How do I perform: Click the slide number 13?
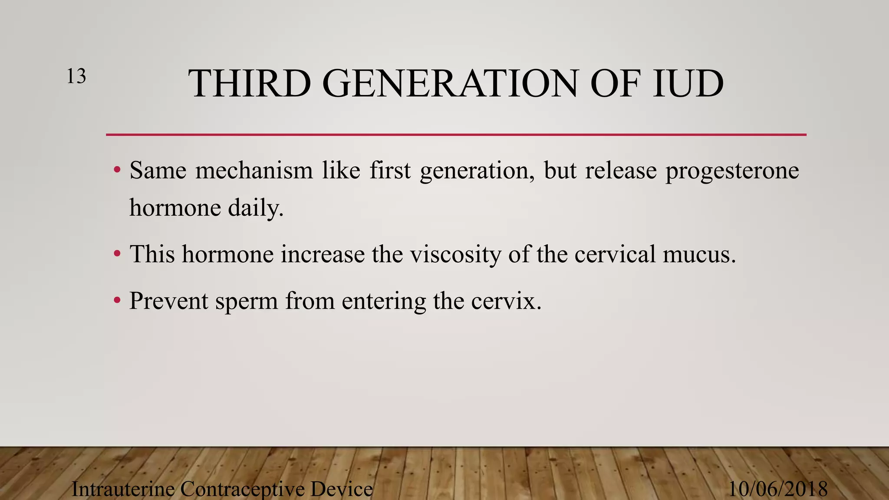click(x=76, y=76)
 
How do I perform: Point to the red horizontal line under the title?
click(x=456, y=135)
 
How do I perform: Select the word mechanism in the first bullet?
click(x=254, y=170)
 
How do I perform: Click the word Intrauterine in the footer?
click(x=122, y=489)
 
